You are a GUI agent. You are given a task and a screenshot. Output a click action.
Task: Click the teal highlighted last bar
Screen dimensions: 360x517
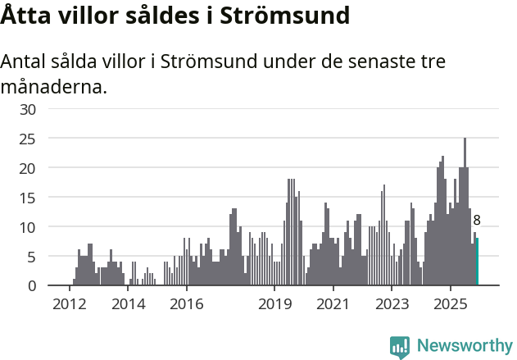click(x=477, y=262)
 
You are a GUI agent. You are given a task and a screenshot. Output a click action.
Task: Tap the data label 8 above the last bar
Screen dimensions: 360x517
click(x=477, y=220)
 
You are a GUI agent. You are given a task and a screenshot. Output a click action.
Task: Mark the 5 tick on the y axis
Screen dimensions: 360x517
click(x=32, y=257)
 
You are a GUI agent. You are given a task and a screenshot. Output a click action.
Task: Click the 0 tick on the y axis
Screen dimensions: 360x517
click(x=32, y=286)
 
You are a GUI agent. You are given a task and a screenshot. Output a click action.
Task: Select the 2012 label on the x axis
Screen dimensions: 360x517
click(x=69, y=304)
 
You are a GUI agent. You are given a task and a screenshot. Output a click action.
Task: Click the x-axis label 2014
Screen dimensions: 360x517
click(x=128, y=304)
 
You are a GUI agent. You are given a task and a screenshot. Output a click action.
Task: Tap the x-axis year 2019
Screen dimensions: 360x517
click(x=274, y=304)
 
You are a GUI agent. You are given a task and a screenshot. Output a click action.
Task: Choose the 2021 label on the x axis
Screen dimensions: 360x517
click(x=333, y=304)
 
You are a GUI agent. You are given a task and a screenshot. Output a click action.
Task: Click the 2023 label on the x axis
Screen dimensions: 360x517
click(x=392, y=304)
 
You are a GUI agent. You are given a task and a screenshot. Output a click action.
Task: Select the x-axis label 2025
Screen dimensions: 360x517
click(x=451, y=304)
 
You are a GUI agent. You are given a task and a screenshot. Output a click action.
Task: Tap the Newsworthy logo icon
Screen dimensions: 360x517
click(x=400, y=347)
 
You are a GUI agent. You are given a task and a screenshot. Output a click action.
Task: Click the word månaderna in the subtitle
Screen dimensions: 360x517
click(x=53, y=86)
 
